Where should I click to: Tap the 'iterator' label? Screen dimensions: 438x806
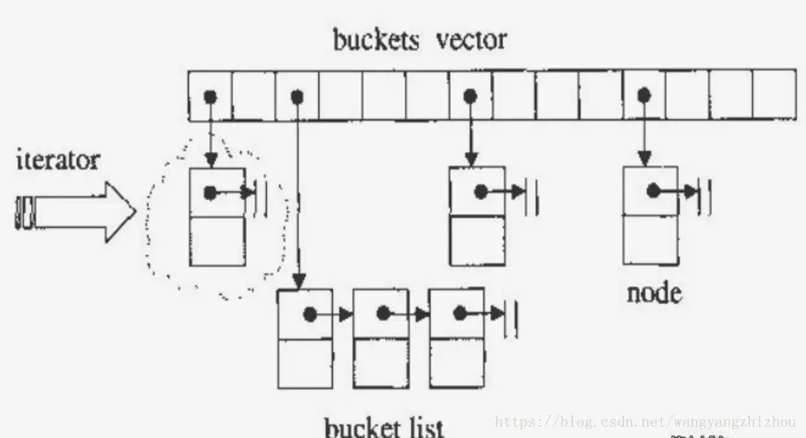tap(58, 160)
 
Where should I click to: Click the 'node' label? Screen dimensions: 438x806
tap(654, 293)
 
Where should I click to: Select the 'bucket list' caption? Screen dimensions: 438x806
tap(383, 427)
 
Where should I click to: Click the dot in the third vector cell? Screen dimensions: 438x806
tap(297, 96)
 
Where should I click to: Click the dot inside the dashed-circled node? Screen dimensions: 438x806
tap(211, 194)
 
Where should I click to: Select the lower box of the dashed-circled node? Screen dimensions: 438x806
tap(217, 241)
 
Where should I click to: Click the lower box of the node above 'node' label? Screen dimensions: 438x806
tap(650, 239)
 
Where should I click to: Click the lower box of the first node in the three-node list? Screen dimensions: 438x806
tap(305, 363)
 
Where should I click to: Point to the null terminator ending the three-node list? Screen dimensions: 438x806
tap(512, 313)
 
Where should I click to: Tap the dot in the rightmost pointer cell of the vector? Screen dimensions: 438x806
tap(644, 96)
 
